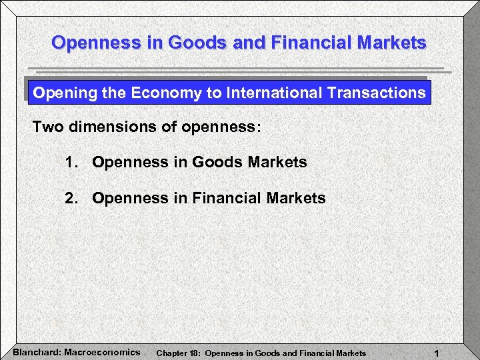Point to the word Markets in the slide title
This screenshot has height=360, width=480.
click(392, 43)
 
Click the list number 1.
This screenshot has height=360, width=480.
click(71, 162)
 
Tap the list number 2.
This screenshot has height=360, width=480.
click(71, 198)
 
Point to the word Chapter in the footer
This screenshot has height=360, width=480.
click(171, 353)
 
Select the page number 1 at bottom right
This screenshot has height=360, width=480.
click(435, 352)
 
